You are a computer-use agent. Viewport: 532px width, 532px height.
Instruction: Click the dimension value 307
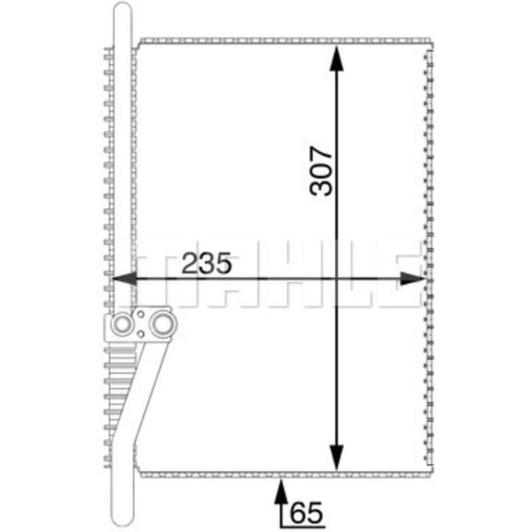tap(321, 171)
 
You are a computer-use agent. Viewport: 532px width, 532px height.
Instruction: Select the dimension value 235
tap(207, 263)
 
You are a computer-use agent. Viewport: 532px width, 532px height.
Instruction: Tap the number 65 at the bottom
tap(307, 512)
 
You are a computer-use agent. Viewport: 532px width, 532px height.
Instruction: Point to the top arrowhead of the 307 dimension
tap(336, 59)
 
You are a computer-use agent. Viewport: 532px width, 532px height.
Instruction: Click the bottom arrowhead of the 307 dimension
tap(336, 458)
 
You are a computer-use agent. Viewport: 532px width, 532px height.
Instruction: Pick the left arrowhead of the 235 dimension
tap(124, 279)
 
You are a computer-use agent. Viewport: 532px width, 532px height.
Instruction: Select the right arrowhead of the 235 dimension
tap(412, 279)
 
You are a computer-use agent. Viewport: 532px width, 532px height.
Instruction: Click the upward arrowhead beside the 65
tap(281, 491)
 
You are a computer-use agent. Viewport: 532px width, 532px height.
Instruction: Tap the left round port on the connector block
tap(122, 325)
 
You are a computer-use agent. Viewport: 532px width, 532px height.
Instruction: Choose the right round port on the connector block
tap(164, 325)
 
